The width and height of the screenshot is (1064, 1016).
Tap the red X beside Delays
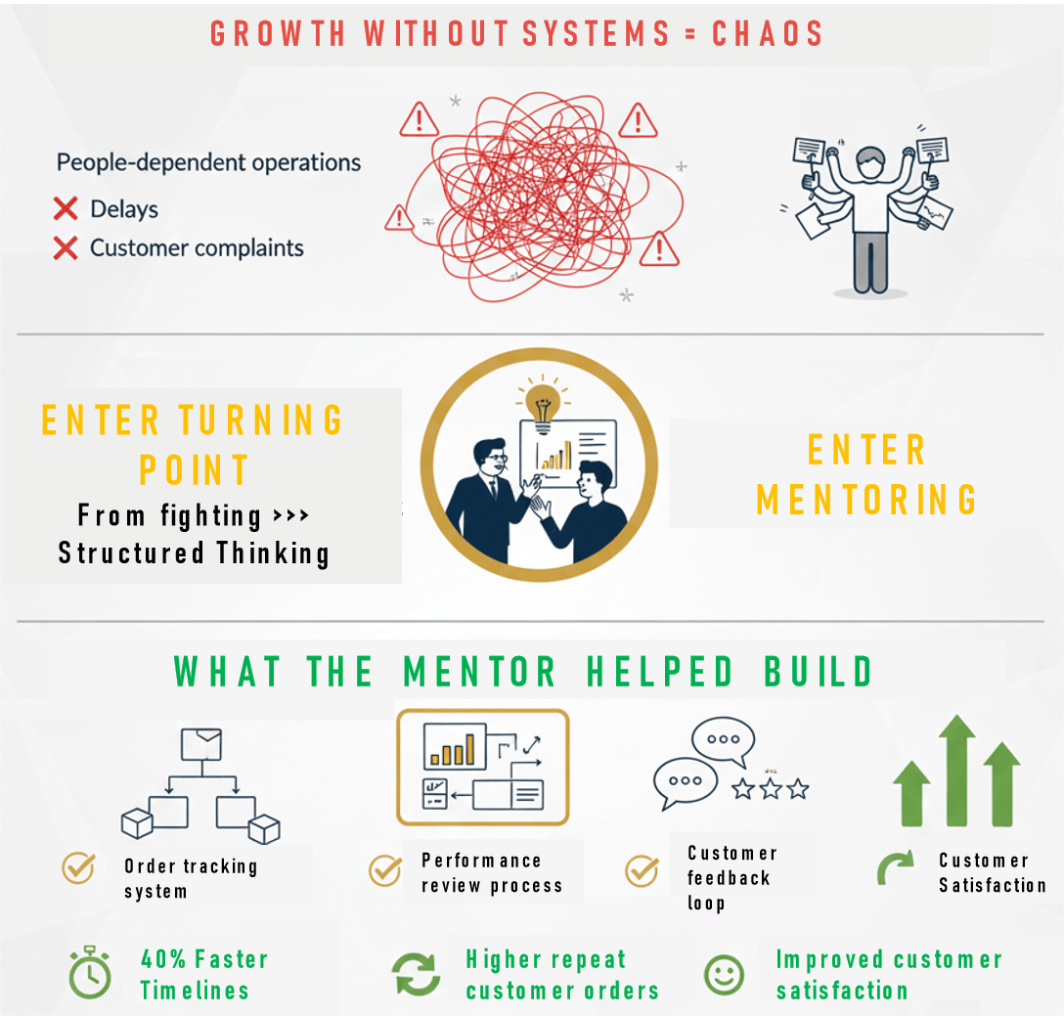tap(66, 208)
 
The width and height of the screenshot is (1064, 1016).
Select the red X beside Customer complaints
tap(66, 248)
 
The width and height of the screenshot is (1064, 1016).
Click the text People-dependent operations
tap(208, 162)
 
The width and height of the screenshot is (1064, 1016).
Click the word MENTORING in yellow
tap(866, 499)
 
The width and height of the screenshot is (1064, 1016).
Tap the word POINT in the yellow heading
tap(195, 470)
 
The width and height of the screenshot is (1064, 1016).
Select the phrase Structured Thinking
tap(194, 553)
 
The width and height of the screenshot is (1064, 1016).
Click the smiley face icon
tap(724, 974)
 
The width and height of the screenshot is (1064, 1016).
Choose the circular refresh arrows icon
tap(417, 974)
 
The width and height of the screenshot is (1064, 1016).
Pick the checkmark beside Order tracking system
tap(78, 866)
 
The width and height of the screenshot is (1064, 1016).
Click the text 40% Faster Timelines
tap(203, 974)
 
